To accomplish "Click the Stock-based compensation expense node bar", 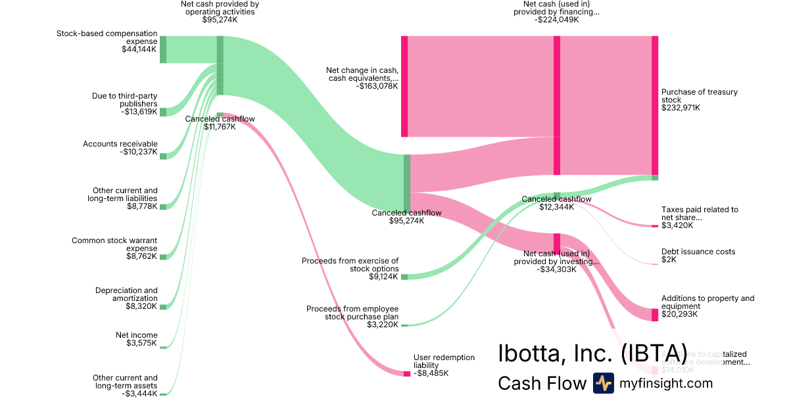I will click(163, 49).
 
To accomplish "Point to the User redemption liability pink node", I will click(407, 374).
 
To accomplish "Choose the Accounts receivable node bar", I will click(163, 156).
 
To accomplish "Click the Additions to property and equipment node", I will click(655, 315).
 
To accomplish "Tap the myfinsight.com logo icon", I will click(603, 383).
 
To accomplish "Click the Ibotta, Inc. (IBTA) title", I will click(592, 353).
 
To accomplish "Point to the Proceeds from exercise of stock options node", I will click(404, 277).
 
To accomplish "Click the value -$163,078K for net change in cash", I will click(377, 85).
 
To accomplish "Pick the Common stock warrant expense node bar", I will click(163, 257).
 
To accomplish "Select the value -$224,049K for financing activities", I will click(556, 20).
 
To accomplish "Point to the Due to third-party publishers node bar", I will click(163, 112).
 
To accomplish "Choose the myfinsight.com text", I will click(666, 383).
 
